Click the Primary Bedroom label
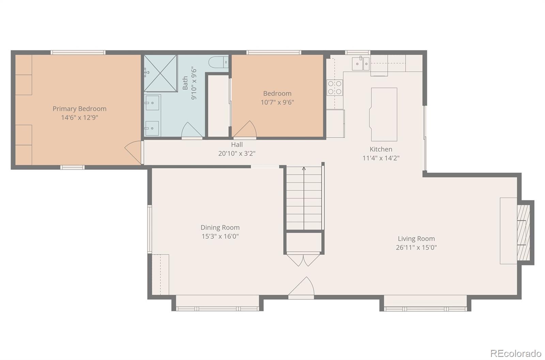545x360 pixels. pos(80,109)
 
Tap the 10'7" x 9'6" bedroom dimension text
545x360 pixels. pos(277,102)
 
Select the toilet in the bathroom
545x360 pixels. pos(218,62)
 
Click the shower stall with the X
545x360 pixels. pos(160,73)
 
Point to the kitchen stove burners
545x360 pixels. pos(334,88)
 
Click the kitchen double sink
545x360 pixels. pos(361,63)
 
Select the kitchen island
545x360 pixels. pos(384,114)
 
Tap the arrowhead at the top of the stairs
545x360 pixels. pos(304,168)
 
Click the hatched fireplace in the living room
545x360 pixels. pos(523,232)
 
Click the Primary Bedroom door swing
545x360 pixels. pos(133,152)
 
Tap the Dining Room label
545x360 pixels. pos(220,228)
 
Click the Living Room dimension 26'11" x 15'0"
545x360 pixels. pos(416,247)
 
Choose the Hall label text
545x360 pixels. pos(237,144)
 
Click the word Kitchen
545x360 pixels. pos(381,149)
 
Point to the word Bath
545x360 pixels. pos(185,83)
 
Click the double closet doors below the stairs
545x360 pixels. pos(303,260)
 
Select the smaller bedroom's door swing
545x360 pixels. pos(245,129)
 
